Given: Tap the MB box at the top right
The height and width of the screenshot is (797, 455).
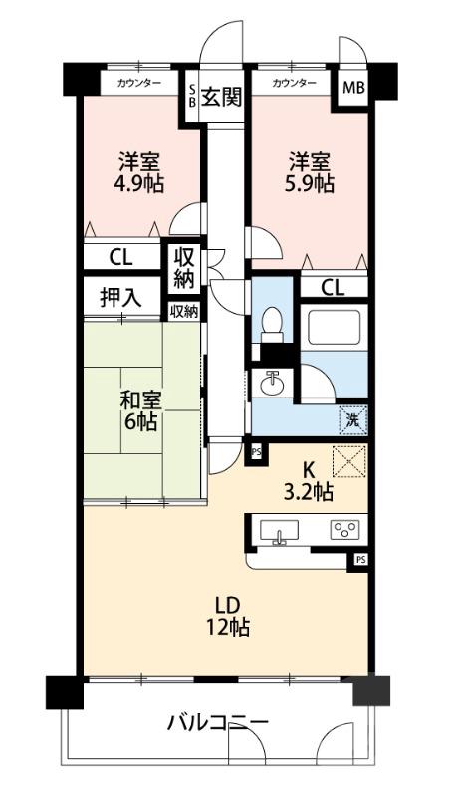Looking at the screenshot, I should coord(353,88).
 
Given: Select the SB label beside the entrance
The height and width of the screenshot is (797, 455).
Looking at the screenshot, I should coord(192,97).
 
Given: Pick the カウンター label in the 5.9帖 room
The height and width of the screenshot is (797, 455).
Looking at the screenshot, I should coord(294,83).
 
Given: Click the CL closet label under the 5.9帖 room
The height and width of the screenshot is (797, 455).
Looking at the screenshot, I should coord(334,289).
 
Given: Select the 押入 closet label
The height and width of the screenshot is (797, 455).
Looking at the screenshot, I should coord(120,296).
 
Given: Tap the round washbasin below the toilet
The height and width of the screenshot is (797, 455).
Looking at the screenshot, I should coord(273,384).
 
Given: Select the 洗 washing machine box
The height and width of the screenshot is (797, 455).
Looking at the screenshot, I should coord(352,419).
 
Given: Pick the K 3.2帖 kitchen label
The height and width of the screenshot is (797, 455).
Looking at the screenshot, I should coord(310,480).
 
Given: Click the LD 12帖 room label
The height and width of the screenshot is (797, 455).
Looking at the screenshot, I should coord(228,616).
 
